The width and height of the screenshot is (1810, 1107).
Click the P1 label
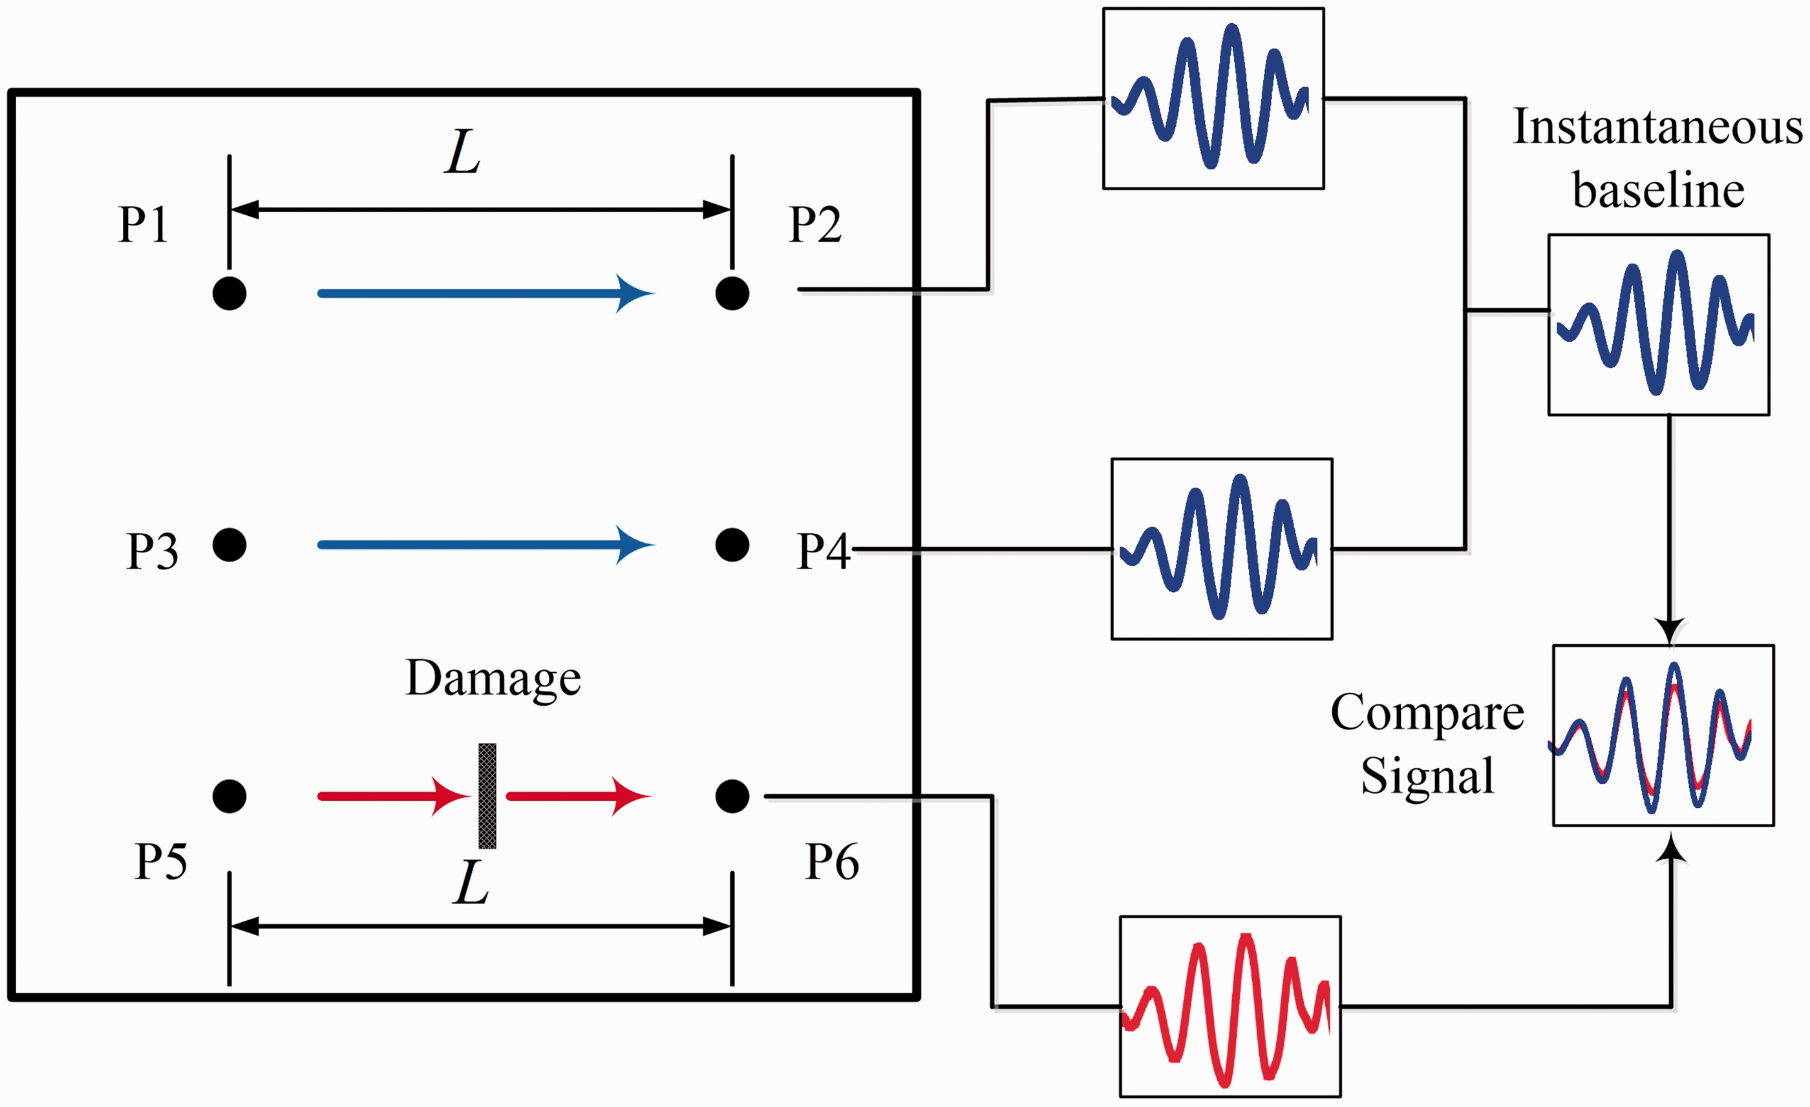click(144, 224)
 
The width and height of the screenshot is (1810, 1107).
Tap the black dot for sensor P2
click(732, 293)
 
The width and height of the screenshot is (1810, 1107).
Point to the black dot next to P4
click(732, 545)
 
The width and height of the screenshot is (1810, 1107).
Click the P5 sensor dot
click(229, 796)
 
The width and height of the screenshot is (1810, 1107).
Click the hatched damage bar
click(487, 796)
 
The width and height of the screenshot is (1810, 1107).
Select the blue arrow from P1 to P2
click(486, 294)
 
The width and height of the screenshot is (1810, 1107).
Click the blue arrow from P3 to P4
click(486, 545)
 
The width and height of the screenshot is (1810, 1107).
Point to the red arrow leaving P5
click(394, 796)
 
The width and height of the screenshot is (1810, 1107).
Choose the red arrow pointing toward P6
click(579, 796)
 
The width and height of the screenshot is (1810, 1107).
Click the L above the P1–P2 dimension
click(463, 153)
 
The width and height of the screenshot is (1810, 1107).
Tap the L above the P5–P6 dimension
click(471, 882)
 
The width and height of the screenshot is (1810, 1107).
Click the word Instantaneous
click(1658, 127)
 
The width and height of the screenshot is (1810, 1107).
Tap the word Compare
click(1427, 713)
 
